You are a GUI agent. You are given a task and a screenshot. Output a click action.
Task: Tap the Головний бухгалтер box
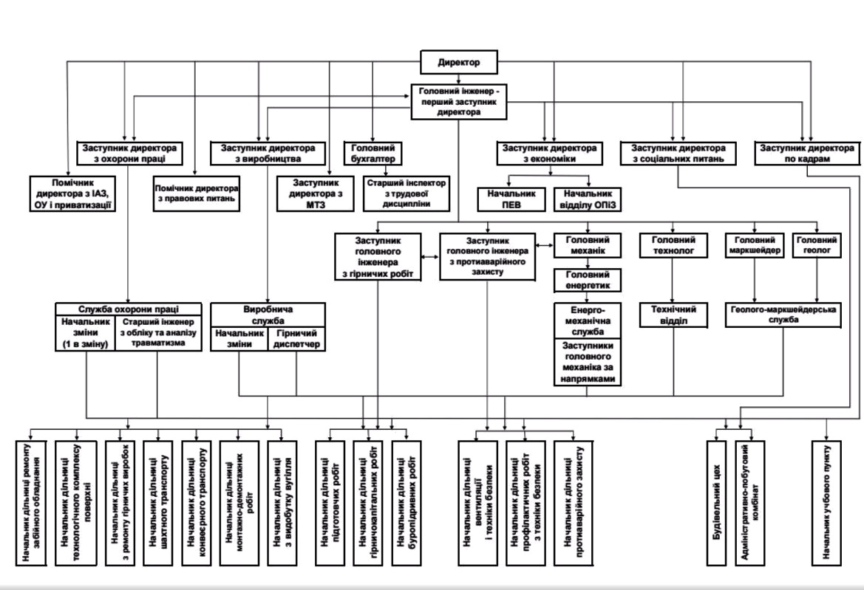coord(373,153)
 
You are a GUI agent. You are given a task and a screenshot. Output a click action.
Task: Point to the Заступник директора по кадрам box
coord(808,153)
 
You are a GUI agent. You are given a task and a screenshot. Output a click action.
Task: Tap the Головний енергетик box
coord(587,281)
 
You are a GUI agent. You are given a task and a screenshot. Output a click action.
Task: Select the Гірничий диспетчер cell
coord(296,340)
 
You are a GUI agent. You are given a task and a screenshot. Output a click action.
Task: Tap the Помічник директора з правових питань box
coord(197,193)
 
